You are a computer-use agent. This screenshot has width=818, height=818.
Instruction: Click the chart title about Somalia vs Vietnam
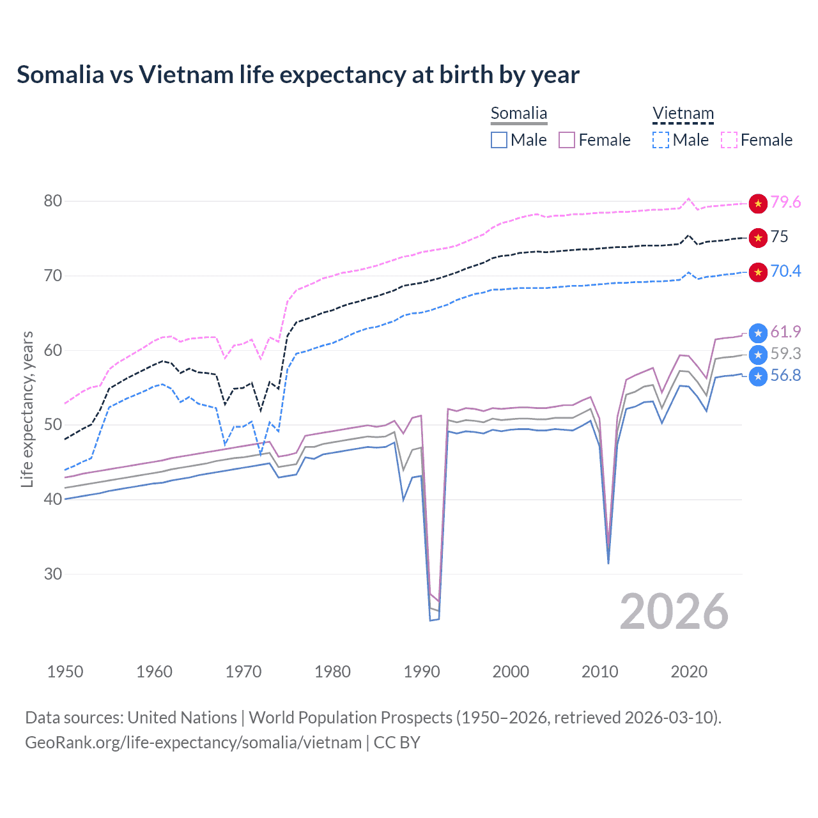point(298,75)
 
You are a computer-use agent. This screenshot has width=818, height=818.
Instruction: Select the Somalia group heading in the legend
point(519,114)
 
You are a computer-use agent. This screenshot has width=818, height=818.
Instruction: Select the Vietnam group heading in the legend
point(683,114)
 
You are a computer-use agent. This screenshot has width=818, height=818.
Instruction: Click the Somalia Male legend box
point(499,140)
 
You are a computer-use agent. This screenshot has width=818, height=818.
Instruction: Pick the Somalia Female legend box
point(567,140)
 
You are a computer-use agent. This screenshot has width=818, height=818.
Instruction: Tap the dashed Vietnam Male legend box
point(661,140)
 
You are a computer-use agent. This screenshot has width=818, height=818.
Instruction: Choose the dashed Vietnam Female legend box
point(729,140)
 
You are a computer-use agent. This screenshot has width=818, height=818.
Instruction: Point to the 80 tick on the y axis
point(53,201)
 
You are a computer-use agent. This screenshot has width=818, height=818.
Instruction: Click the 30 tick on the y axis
point(53,574)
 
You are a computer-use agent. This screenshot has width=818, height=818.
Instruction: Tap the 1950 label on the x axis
point(65,672)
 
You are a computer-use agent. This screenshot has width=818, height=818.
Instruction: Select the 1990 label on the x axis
point(422,672)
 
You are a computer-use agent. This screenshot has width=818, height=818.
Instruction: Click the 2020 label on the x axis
point(689,672)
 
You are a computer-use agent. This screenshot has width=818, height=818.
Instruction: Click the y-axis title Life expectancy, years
point(27,409)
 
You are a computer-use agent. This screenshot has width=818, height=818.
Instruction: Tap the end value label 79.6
point(785,203)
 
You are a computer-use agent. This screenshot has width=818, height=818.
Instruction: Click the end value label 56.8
point(785,376)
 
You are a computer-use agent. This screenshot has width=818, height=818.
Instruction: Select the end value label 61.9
point(785,332)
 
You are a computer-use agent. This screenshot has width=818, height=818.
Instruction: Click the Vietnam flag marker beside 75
point(758,238)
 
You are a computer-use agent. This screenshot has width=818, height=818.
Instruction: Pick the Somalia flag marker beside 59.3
point(758,355)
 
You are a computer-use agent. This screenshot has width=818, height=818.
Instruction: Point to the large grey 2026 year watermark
point(674,612)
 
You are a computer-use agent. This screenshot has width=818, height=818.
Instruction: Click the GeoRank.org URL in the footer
point(193,743)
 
